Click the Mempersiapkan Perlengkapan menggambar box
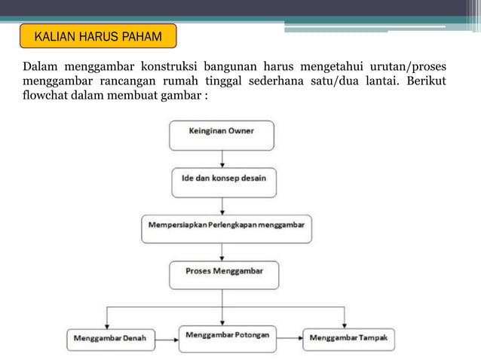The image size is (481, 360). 226,228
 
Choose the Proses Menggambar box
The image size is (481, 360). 223,274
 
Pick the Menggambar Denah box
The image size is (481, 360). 110,338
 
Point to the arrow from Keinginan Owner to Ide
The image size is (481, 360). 222,158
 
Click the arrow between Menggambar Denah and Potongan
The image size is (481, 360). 166,338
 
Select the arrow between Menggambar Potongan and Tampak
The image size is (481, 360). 290,338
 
